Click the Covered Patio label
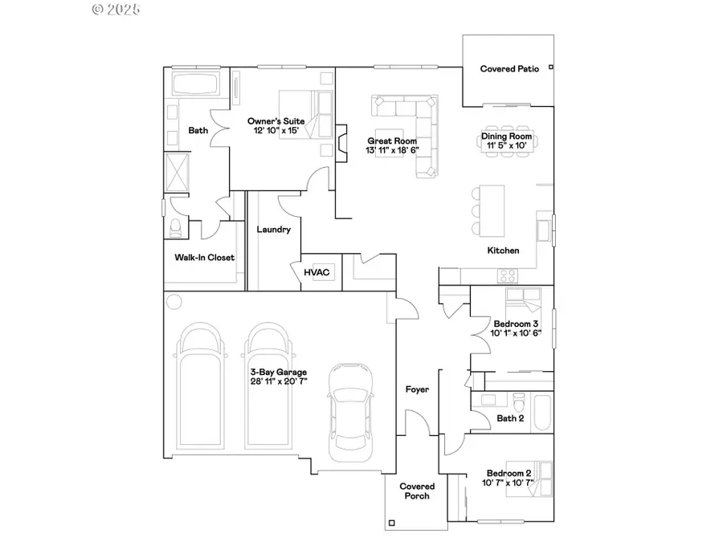pyautogui.click(x=509, y=69)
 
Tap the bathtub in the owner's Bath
pyautogui.click(x=194, y=84)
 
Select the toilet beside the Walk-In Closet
pyautogui.click(x=176, y=227)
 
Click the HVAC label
pyautogui.click(x=317, y=272)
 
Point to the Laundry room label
pyautogui.click(x=273, y=230)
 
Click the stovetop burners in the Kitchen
pyautogui.click(x=508, y=276)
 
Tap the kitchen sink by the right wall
pyautogui.click(x=544, y=230)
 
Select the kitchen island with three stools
pyautogui.click(x=488, y=210)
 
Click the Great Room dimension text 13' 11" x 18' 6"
pyautogui.click(x=392, y=150)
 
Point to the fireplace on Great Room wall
pyautogui.click(x=341, y=144)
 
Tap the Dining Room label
pyautogui.click(x=507, y=136)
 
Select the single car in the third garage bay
pyautogui.click(x=350, y=412)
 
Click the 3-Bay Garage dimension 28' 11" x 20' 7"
pyautogui.click(x=279, y=381)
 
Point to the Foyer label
pyautogui.click(x=417, y=389)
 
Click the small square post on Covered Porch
pyautogui.click(x=391, y=523)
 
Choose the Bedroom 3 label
pyautogui.click(x=516, y=324)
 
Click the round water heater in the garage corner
pyautogui.click(x=174, y=302)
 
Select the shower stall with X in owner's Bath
pyautogui.click(x=177, y=172)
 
